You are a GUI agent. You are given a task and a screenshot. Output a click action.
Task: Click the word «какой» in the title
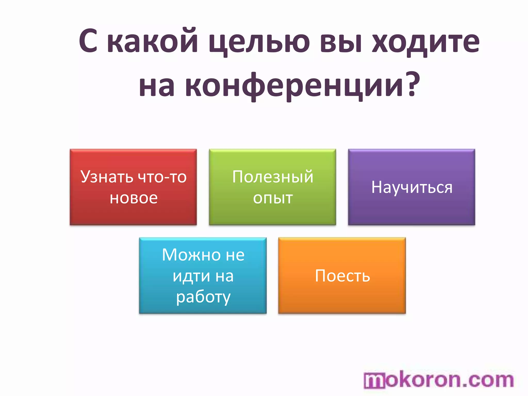point(152,41)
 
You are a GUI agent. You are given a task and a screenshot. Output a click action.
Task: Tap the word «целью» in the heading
point(259,43)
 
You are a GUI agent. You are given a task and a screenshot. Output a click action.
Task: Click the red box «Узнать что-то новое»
point(133,187)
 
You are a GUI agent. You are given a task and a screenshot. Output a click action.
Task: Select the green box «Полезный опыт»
point(273,187)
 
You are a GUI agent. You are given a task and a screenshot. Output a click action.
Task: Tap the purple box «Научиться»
point(411,187)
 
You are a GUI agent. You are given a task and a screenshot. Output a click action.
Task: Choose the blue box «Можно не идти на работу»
point(203,275)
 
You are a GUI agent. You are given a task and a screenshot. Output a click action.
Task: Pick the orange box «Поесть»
point(342,275)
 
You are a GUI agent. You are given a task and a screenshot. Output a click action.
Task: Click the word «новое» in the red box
point(134,198)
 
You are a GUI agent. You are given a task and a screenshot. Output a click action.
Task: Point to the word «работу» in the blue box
point(203,297)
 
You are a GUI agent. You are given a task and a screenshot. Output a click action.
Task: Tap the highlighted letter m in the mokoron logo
point(375,381)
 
